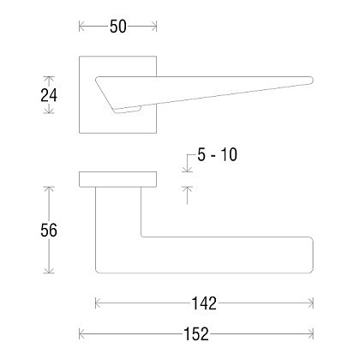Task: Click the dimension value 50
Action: coord(117,27)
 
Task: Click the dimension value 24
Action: coord(49,95)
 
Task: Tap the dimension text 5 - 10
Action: coord(217,154)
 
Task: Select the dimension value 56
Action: coord(49,230)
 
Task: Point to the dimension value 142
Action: coord(204,303)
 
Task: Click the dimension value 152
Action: coord(196,333)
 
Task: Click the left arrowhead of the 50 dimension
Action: coord(81,27)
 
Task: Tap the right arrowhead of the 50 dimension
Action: coord(154,27)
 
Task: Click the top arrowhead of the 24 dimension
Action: coord(49,79)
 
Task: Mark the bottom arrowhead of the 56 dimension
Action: coord(49,270)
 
